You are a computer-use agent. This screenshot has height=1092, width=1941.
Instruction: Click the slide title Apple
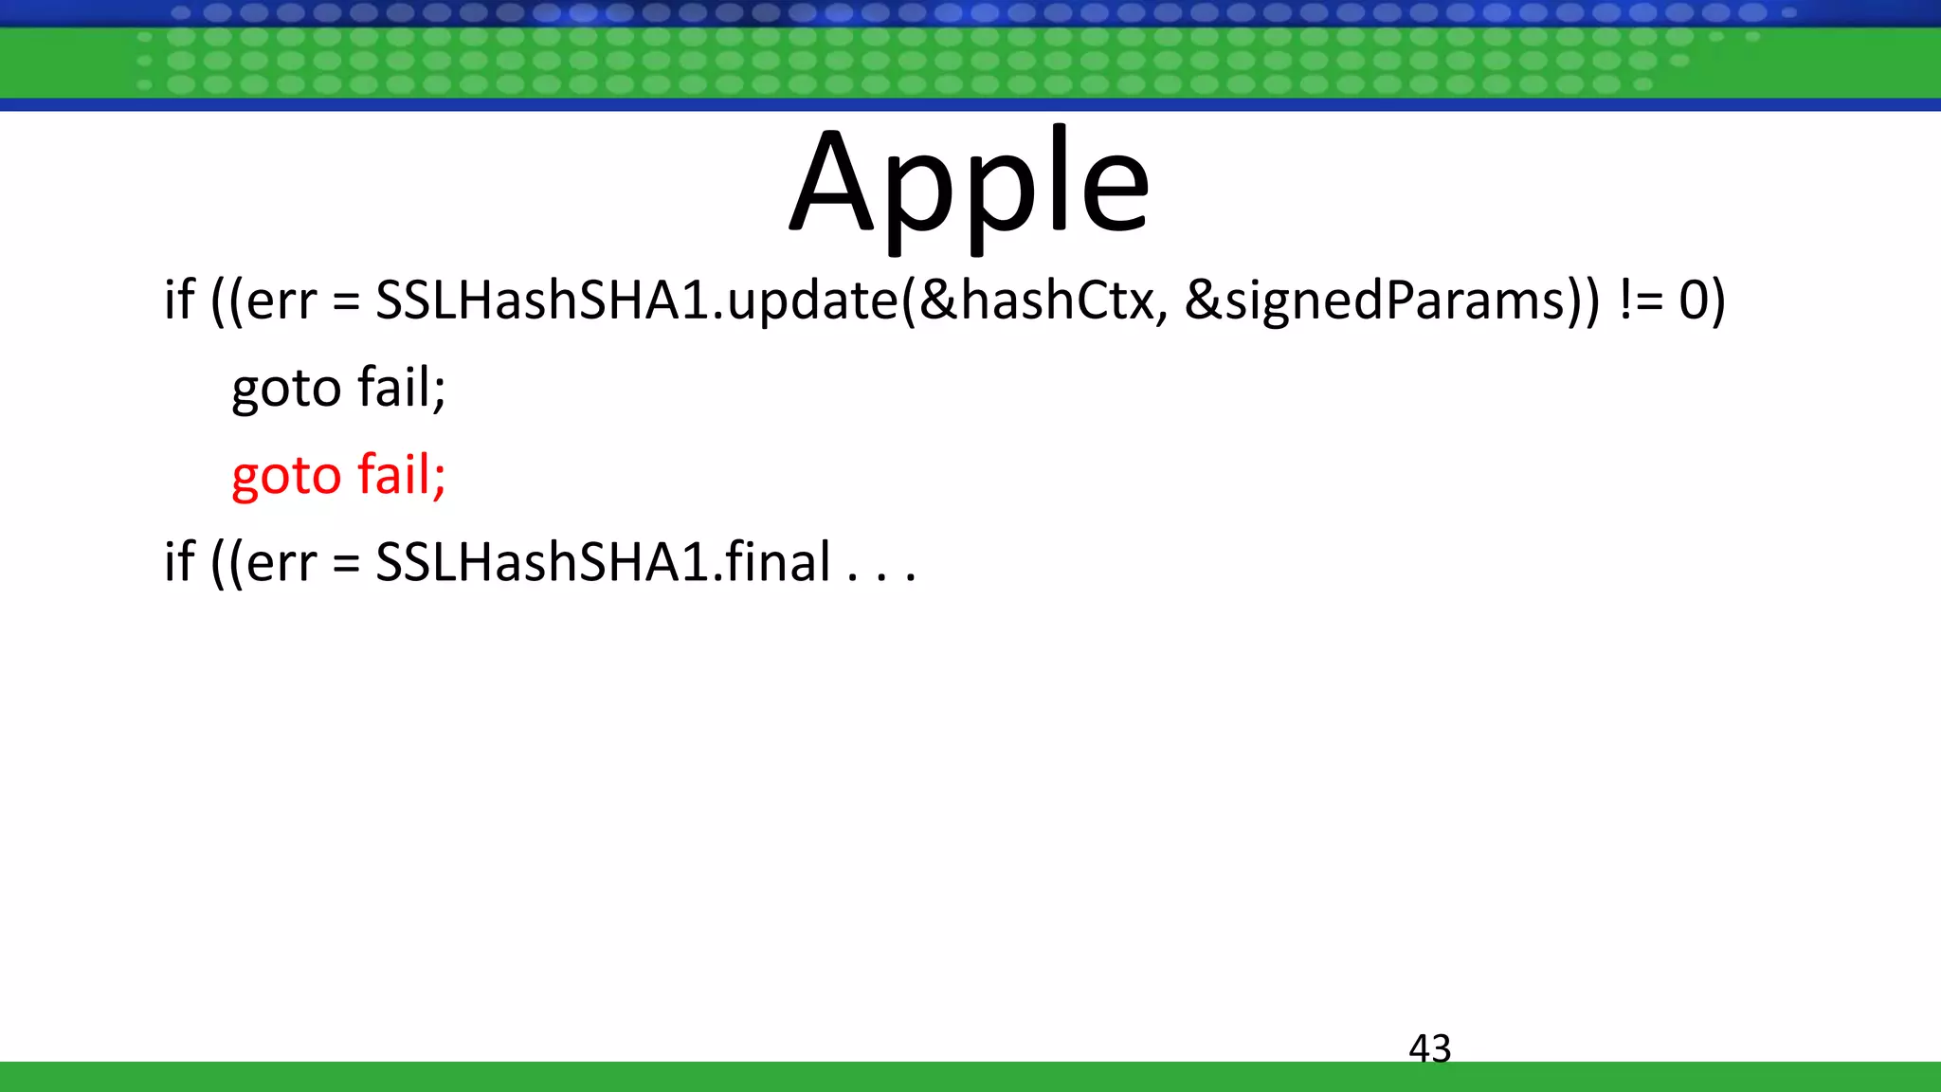pyautogui.click(x=970, y=185)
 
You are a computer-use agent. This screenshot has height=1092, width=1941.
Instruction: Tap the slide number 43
pyautogui.click(x=1429, y=1048)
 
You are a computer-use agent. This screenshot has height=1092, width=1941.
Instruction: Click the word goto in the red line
pyautogui.click(x=286, y=475)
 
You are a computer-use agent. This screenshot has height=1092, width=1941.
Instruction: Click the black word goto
pyautogui.click(x=286, y=388)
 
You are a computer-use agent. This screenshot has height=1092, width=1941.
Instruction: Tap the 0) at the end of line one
pyautogui.click(x=1702, y=300)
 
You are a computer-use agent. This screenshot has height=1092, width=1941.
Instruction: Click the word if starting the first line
pyautogui.click(x=179, y=300)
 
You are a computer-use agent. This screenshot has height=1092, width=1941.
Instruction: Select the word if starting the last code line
pyautogui.click(x=179, y=562)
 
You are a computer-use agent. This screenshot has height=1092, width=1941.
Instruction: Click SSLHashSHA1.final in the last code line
pyautogui.click(x=603, y=562)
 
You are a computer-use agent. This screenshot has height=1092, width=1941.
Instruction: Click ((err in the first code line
pyautogui.click(x=263, y=300)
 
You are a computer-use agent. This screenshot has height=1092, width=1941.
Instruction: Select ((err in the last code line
pyautogui.click(x=263, y=562)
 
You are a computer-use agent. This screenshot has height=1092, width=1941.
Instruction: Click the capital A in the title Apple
pyautogui.click(x=832, y=185)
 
